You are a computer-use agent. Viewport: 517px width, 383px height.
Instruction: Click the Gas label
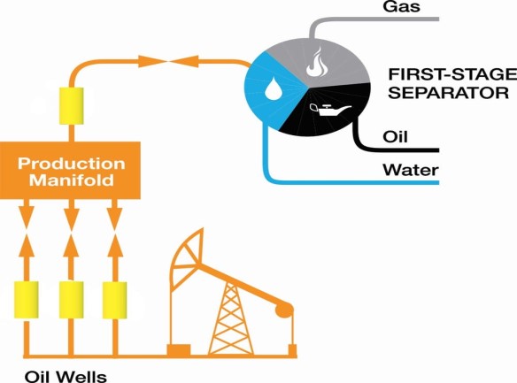coord(401,6)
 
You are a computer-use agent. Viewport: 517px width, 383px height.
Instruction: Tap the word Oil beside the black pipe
coord(395,136)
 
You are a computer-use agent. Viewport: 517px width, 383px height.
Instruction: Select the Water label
coord(411,170)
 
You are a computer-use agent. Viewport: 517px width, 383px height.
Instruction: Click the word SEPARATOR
coord(448,93)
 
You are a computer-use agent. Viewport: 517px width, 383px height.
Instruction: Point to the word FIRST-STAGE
coord(452,74)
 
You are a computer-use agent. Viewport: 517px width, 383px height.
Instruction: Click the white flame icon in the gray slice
coord(314,62)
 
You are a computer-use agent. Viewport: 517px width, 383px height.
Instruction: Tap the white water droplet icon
coord(274,89)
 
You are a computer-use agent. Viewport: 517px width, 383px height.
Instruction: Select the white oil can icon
coord(329,110)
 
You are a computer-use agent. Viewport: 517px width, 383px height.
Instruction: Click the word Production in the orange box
coord(71,164)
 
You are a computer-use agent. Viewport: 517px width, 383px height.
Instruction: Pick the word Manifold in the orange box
coord(71,180)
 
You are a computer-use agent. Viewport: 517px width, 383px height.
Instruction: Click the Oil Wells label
coord(66,377)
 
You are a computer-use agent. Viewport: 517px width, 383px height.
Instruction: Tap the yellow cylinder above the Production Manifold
coord(71,106)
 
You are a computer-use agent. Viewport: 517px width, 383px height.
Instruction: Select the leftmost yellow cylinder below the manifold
coord(27,300)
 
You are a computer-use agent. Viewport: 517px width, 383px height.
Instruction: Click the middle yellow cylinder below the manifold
coord(71,300)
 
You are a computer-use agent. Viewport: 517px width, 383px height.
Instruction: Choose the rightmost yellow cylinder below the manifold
coord(115,300)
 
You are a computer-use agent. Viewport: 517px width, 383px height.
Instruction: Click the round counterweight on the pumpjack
coord(284,310)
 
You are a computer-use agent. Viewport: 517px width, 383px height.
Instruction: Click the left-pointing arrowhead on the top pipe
coord(186,62)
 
